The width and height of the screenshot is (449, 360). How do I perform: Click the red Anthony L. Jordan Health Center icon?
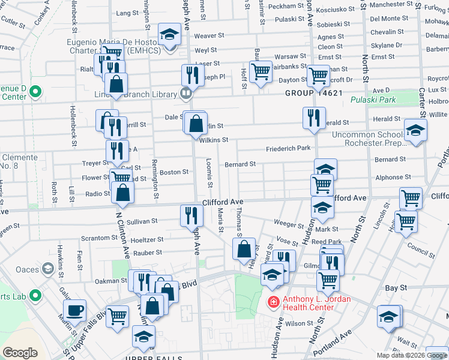[x=273, y=301]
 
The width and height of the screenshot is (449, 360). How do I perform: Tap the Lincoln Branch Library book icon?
[x=185, y=93]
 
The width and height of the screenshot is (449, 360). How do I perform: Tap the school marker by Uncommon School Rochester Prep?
[x=415, y=130]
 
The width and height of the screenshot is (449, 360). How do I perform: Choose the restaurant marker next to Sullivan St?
[x=191, y=215]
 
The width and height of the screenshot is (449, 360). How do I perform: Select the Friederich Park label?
[x=289, y=148]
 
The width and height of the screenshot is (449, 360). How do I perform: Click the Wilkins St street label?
[x=214, y=140]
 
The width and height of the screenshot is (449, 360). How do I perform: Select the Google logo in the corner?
[x=20, y=352]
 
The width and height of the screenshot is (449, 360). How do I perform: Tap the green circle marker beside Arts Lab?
[x=35, y=295]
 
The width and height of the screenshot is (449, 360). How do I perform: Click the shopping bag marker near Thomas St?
[x=244, y=251]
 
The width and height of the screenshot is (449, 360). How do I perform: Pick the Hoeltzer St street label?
[x=148, y=239]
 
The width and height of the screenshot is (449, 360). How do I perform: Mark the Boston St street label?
[x=174, y=172]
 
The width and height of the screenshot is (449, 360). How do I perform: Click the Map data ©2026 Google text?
[x=412, y=355]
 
